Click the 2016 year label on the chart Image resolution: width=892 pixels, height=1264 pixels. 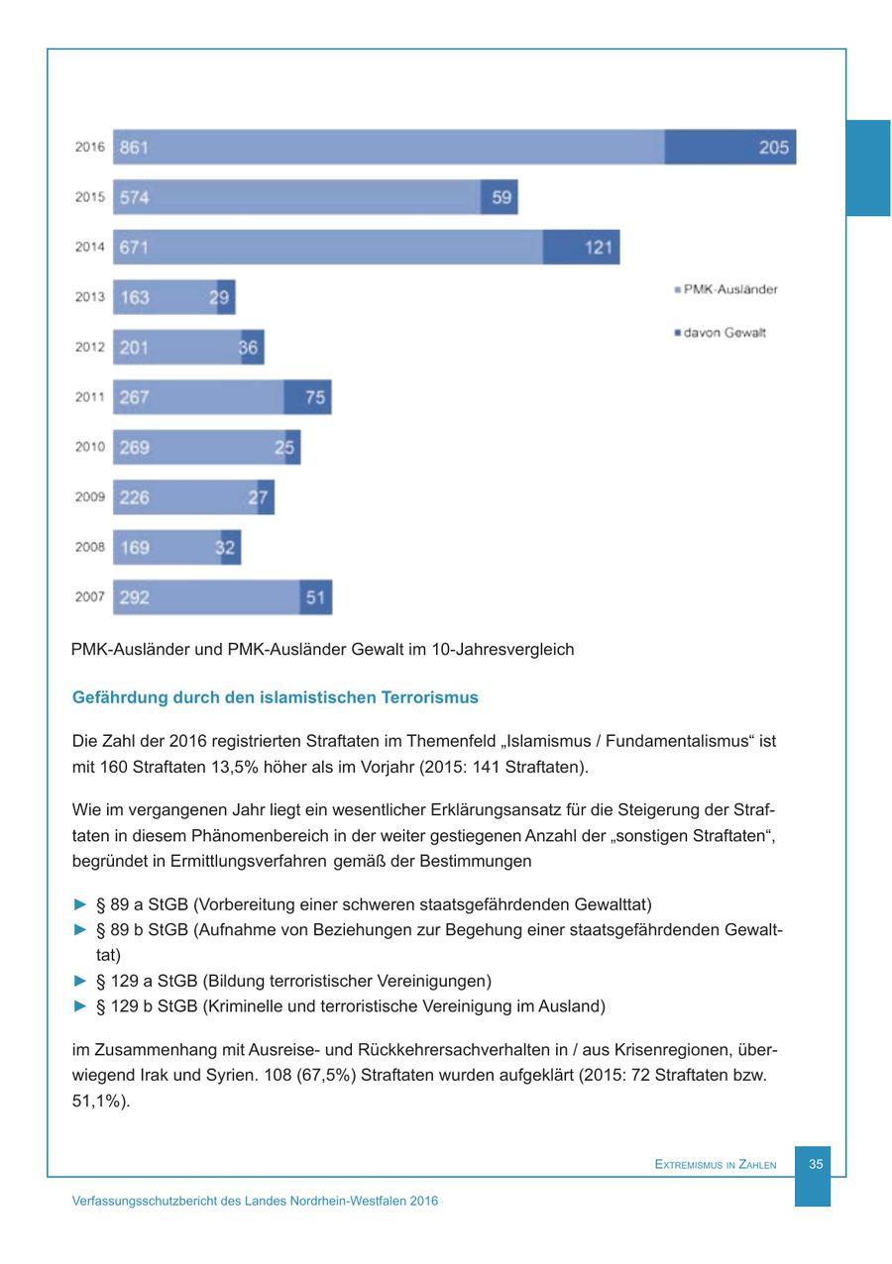[89, 148]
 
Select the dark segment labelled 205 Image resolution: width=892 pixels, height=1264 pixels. [730, 148]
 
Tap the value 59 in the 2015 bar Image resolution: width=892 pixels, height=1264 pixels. [502, 197]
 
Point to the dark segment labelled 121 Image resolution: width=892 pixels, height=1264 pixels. [582, 248]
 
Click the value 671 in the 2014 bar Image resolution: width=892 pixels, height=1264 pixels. [134, 248]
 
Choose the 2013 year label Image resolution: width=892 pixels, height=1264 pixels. [89, 297]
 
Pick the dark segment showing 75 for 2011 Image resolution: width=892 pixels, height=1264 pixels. [308, 397]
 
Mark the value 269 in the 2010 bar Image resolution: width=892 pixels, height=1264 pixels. [134, 448]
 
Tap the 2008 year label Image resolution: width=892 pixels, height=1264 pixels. [89, 547]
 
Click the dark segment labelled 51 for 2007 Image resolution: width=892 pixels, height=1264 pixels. [316, 597]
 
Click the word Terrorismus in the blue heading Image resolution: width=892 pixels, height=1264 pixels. [429, 697]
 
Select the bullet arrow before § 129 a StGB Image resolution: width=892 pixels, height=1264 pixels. [80, 982]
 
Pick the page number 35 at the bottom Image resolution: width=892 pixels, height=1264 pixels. [816, 1165]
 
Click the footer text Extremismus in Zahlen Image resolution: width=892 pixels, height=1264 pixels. [716, 1166]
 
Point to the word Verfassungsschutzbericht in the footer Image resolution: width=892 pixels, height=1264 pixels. [143, 1201]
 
